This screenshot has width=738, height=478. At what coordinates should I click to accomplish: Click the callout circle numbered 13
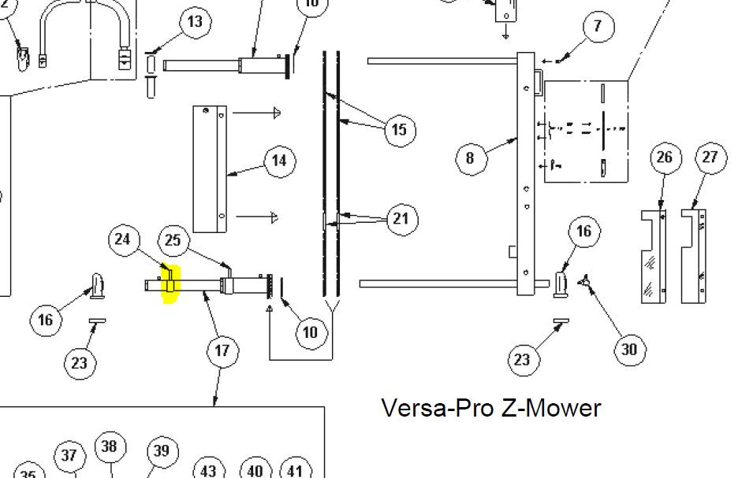pos(195,21)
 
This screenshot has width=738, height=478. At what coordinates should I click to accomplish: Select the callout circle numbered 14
pos(278,161)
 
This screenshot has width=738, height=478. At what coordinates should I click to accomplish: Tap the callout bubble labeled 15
pos(400,129)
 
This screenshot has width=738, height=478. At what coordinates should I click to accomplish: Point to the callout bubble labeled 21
pos(401,218)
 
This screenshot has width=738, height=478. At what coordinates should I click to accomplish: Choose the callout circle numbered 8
pos(470,157)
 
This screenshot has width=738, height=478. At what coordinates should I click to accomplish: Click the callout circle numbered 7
pos(598,26)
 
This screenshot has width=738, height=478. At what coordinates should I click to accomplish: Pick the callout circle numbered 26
pos(665,157)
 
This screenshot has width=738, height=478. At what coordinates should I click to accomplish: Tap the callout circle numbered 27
pos(710,157)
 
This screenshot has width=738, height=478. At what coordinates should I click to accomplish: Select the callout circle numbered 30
pos(629,349)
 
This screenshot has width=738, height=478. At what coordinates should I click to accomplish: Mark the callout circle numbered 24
pos(122,239)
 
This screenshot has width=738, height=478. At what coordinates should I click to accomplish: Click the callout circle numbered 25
pos(173,240)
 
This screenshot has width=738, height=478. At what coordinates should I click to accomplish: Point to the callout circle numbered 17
pos(222,350)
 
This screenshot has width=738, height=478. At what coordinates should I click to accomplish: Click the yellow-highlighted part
pos(170,284)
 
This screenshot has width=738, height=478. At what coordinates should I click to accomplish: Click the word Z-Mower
pos(551,408)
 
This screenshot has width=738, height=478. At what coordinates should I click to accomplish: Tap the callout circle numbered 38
pos(109,447)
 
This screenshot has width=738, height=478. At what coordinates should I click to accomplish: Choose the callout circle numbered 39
pos(161,451)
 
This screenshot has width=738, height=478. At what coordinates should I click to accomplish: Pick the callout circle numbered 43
pos(208,470)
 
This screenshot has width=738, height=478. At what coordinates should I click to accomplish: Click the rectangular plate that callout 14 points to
pos(211,169)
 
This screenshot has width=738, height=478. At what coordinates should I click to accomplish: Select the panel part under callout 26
pos(653,256)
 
